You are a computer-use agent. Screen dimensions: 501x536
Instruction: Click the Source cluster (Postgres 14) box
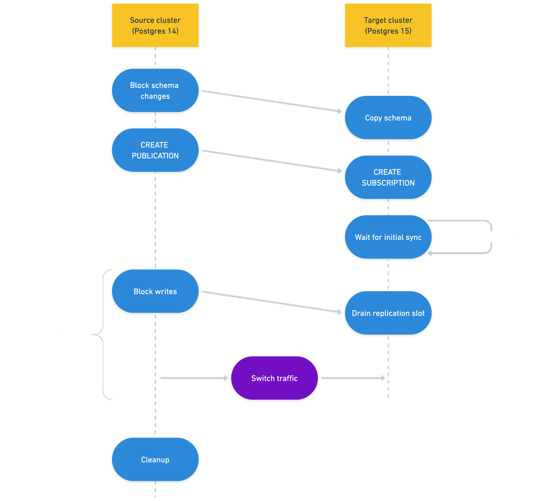pos(155,25)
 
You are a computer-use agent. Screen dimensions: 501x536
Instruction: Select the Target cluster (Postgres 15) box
pos(388,25)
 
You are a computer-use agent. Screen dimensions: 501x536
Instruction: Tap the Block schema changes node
pos(155,90)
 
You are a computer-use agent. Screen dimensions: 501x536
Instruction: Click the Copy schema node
pos(388,118)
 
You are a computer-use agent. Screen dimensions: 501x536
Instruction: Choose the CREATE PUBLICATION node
pos(155,150)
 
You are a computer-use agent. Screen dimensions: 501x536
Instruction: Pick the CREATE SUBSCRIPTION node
pos(388,178)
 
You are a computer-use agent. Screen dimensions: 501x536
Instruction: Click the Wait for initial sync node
pos(388,237)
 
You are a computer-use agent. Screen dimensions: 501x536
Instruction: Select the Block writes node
pos(155,291)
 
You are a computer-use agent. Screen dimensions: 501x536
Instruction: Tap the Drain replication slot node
pos(388,313)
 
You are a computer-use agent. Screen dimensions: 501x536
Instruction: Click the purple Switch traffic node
pos(274,378)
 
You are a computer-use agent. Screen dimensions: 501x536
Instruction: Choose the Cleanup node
pos(155,460)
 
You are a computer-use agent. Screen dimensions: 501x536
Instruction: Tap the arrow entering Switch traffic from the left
pos(194,378)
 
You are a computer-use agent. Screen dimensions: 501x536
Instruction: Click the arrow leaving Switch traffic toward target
pos(353,378)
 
